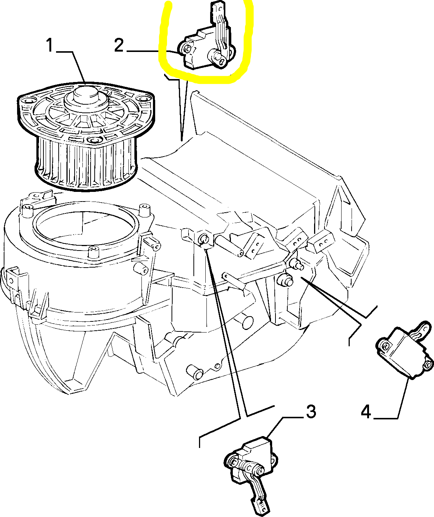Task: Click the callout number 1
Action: tap(50, 45)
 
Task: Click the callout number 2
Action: tap(119, 45)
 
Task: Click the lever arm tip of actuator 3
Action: tap(262, 505)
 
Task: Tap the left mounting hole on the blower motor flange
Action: tap(27, 101)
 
